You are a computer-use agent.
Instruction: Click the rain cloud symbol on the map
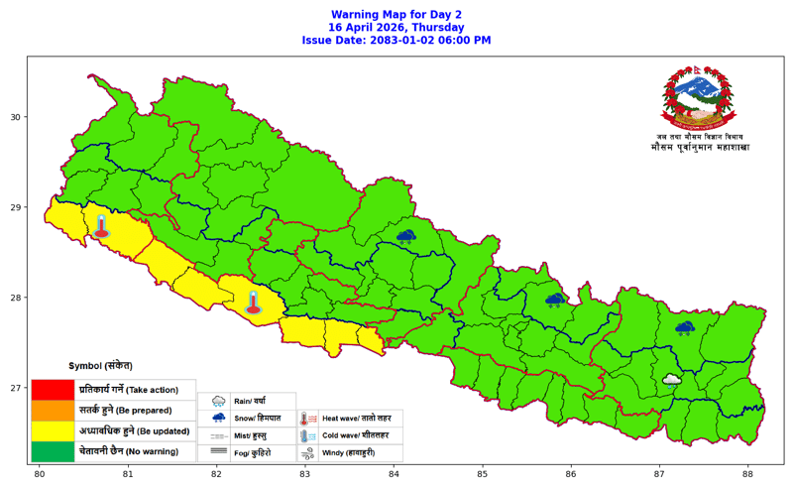(x=671, y=379)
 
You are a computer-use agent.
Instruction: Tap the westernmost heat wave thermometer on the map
(x=100, y=226)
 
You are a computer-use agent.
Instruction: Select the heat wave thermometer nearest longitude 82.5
(x=253, y=303)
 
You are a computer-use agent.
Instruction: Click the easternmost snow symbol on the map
(x=684, y=327)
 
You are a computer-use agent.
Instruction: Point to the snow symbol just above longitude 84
(x=405, y=237)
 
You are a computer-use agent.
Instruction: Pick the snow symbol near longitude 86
(x=555, y=300)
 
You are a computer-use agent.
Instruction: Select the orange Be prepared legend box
(x=53, y=410)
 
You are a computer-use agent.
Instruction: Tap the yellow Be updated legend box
(x=53, y=430)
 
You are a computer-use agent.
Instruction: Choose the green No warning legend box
(x=53, y=451)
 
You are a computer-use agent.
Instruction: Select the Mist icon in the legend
(x=218, y=435)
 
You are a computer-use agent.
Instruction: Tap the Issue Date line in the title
(x=396, y=41)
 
